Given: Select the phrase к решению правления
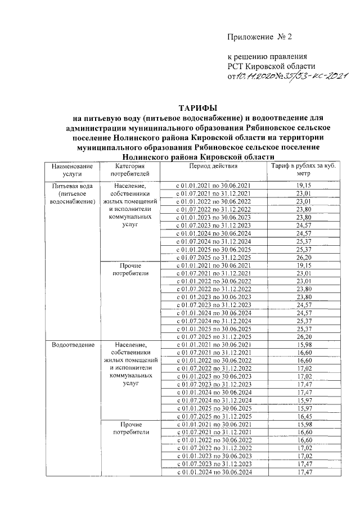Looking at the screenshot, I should [x=267, y=57].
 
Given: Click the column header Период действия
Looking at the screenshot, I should [x=213, y=166].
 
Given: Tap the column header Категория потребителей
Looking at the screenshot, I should [x=130, y=170].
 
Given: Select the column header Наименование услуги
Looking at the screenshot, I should [x=71, y=170].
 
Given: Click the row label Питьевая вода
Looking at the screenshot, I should [x=71, y=186].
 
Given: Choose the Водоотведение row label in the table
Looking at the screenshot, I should [x=71, y=344].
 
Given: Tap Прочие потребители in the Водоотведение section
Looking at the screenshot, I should [x=130, y=428].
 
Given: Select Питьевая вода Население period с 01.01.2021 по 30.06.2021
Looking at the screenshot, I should [x=213, y=185].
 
